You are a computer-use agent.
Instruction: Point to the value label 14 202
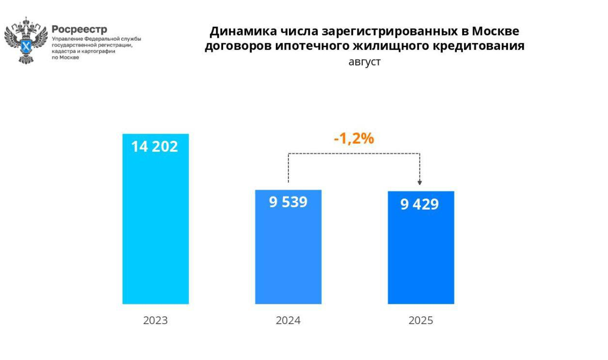point(155,147)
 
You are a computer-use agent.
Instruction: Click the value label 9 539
point(288,202)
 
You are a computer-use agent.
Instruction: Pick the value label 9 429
point(419,204)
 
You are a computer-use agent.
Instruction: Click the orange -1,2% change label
point(354,139)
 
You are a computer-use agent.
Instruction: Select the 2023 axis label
point(155,321)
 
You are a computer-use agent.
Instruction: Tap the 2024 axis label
point(288,321)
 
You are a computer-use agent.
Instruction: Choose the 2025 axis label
point(421,321)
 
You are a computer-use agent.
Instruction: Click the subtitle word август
point(365,62)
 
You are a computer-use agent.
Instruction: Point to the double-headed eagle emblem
point(26,40)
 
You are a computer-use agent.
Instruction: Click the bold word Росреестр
point(80,29)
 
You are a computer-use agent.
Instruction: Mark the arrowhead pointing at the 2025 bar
point(420,182)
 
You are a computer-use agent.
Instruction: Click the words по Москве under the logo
point(65,57)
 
